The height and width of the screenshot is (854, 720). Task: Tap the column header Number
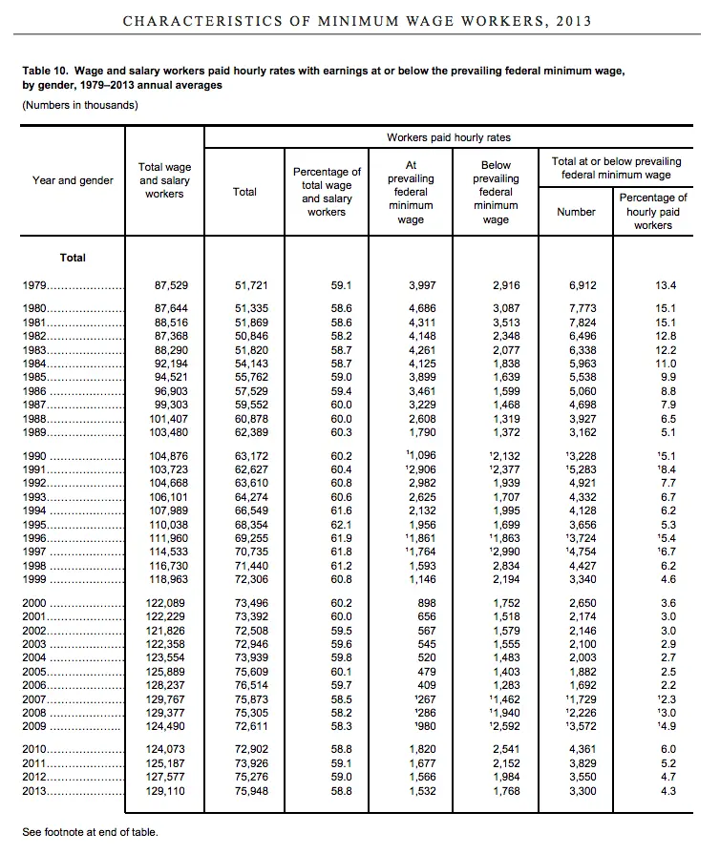click(576, 212)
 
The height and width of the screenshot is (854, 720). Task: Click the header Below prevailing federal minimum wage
click(496, 192)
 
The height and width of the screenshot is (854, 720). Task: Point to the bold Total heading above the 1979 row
click(73, 258)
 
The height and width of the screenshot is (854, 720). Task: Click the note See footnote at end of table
click(91, 832)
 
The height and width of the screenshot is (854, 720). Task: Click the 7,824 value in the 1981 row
click(582, 323)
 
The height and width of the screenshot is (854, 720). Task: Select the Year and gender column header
click(73, 180)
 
